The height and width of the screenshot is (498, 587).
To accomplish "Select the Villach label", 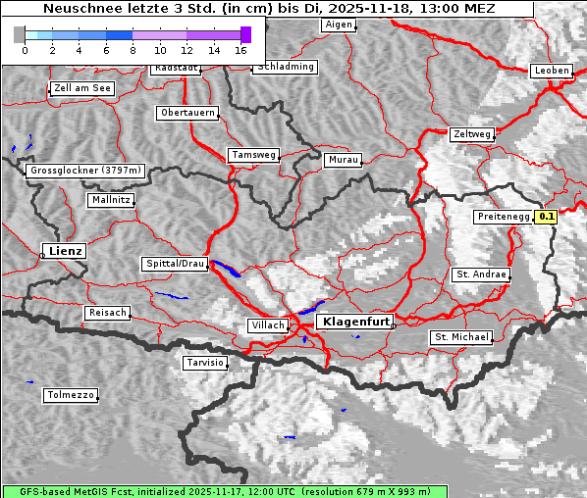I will coord(267,324).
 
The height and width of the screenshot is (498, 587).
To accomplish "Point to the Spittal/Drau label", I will coord(176,264).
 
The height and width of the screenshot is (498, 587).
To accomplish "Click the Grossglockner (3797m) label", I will coord(86,171).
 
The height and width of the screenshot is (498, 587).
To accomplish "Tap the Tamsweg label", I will coord(254,155).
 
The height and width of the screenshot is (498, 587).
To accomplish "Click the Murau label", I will coord(344,159).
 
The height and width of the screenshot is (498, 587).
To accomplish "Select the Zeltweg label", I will coord(472,133).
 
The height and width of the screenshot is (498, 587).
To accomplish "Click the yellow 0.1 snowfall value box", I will coord(547,217).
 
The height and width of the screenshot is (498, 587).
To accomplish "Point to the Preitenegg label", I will coord(503,217).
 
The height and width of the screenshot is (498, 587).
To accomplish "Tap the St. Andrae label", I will coord(481,274).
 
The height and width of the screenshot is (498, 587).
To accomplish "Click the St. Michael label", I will coord(461,337).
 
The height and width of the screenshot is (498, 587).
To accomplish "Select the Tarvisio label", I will coord(205,363).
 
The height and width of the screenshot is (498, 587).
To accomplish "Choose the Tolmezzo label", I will coord(71,395).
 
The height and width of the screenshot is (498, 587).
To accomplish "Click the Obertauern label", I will coord(187,113).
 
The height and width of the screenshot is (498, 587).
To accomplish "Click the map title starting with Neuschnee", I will coord(269,9).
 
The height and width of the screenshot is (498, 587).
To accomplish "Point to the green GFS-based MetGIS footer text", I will coord(224,491).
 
